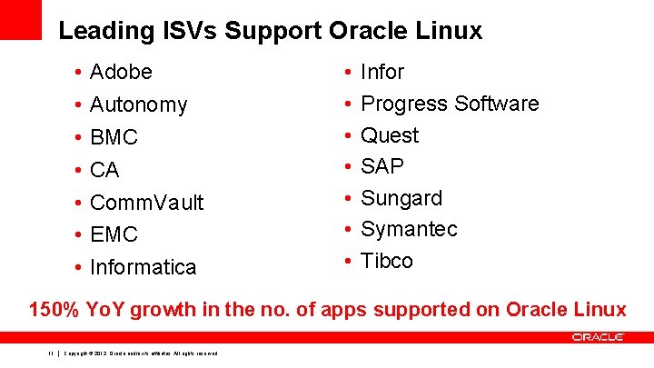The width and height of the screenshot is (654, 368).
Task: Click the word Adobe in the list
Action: [122, 72]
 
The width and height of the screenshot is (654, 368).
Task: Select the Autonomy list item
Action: [139, 104]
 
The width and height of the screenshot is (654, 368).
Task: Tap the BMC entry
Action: [114, 137]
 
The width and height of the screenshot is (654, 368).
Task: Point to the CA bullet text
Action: [105, 170]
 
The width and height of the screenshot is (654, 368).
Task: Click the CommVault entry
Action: [147, 202]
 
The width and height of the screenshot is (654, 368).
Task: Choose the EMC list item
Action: [114, 234]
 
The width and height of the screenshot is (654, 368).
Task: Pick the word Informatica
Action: [144, 267]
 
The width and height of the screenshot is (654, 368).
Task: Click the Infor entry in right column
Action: [382, 72]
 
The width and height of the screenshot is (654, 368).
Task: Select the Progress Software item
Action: [450, 104]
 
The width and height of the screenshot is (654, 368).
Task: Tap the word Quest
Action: [390, 135]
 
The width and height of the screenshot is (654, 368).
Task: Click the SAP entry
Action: [382, 166]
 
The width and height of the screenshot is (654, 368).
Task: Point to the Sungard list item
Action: [401, 198]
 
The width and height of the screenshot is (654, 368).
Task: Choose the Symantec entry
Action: [409, 229]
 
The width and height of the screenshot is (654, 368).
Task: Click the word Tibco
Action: [387, 261]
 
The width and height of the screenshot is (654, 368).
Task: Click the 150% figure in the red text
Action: [54, 310]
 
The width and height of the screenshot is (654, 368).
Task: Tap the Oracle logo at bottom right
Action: [598, 337]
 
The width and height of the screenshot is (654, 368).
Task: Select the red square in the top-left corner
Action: [21, 19]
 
